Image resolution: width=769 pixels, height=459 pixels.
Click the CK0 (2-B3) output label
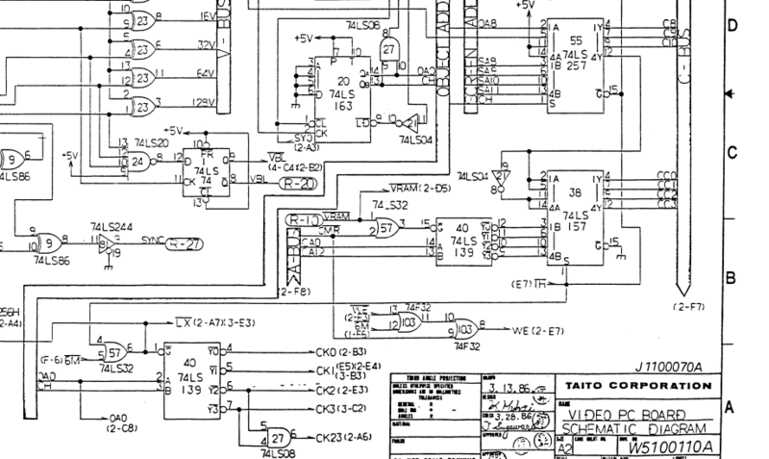coord(339,352)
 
